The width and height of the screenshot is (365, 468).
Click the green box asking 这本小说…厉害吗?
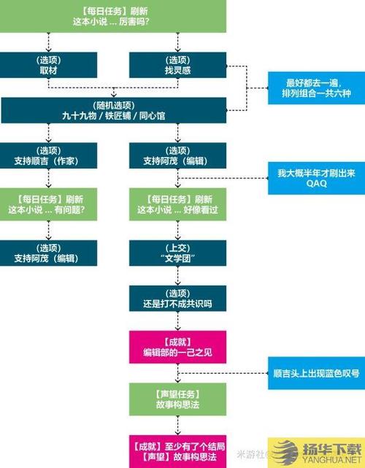click(112, 16)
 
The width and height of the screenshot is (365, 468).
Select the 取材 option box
click(47, 64)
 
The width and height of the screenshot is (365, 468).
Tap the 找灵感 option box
click(178, 64)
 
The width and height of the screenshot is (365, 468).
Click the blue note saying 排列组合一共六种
click(315, 93)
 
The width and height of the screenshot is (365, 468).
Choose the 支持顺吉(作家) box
click(47, 156)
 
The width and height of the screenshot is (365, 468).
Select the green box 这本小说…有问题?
click(47, 204)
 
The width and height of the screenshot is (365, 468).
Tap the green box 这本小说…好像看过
click(178, 204)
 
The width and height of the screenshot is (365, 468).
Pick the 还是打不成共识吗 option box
click(178, 299)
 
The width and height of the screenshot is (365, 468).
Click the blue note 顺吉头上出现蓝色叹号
click(315, 372)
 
